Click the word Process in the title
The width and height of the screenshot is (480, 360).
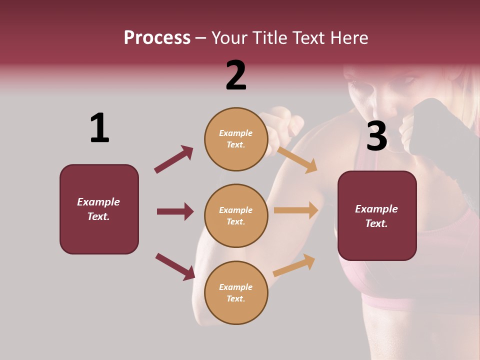click(x=157, y=37)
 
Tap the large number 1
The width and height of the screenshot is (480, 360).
click(x=99, y=128)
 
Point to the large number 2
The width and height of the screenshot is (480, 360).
click(x=236, y=75)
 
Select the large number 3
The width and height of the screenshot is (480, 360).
click(x=376, y=136)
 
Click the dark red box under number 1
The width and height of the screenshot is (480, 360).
click(x=99, y=209)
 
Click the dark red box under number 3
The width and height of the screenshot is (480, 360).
click(x=377, y=215)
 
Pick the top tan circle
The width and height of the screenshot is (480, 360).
click(x=236, y=139)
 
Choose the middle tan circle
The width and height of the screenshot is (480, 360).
click(x=236, y=215)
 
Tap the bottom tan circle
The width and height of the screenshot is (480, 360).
click(x=236, y=292)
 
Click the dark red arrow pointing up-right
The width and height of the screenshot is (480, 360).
click(x=173, y=159)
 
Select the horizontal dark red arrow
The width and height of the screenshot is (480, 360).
click(x=175, y=211)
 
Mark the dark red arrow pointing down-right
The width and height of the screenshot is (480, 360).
click(x=175, y=266)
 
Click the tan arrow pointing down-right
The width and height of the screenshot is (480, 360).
click(x=296, y=159)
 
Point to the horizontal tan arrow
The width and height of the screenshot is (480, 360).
click(x=296, y=210)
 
